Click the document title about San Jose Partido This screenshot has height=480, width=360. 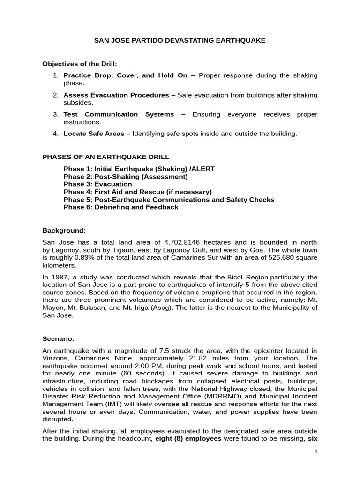pos(180,41)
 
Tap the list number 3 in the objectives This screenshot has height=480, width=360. pos(55,114)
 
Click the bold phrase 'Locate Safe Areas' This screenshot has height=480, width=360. pos(94,134)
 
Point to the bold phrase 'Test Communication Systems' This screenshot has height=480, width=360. pos(119,114)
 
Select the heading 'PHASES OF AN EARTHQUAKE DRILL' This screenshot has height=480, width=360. pos(106,157)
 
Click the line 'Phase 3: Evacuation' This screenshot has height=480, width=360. pos(97,184)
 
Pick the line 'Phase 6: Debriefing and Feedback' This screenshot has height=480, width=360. pos(121,207)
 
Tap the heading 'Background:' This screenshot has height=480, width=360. pos(64,230)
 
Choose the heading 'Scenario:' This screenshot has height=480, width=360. pos(59,338)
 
